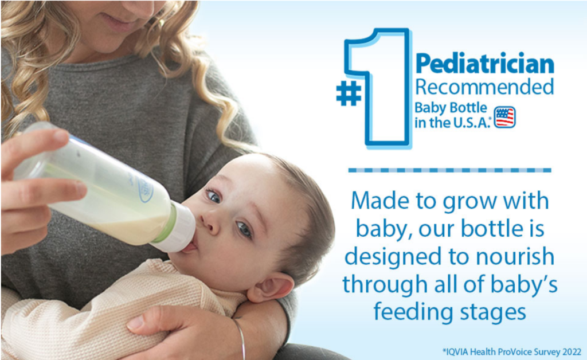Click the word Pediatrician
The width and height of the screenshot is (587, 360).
click(484, 64)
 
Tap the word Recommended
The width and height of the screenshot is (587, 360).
click(484, 87)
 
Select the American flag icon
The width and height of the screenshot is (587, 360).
click(504, 117)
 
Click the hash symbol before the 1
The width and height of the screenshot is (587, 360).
click(349, 93)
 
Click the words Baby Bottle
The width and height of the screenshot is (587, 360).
click(451, 108)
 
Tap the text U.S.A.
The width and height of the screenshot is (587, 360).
click(471, 122)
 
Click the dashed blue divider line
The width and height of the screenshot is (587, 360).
click(449, 170)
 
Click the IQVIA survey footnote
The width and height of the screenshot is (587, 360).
click(512, 352)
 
